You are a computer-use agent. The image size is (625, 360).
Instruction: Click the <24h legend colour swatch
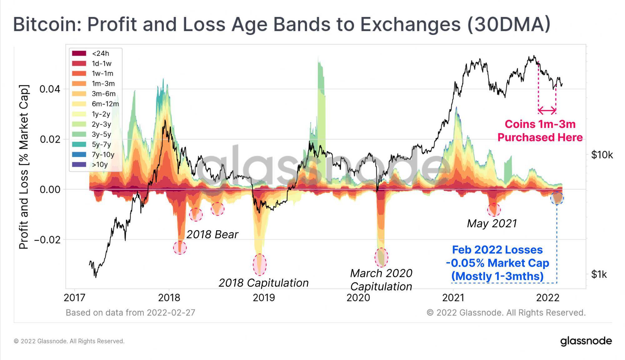(x=79, y=53)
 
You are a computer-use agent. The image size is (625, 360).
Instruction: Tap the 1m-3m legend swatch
(x=79, y=84)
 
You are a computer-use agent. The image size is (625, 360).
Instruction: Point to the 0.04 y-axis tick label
(x=50, y=89)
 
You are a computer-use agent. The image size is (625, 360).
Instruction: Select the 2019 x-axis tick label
(x=264, y=297)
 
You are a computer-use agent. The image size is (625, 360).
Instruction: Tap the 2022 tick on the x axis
(x=547, y=297)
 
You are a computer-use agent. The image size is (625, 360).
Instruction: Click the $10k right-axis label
(x=602, y=155)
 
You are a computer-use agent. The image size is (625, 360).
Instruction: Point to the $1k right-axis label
(x=598, y=275)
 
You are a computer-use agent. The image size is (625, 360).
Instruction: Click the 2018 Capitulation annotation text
(x=263, y=283)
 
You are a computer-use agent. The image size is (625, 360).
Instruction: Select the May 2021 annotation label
(x=492, y=223)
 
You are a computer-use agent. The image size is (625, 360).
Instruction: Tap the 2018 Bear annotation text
(x=212, y=234)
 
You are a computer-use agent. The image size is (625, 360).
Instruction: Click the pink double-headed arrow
(x=547, y=110)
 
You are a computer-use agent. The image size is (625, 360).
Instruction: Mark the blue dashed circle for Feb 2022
(x=557, y=198)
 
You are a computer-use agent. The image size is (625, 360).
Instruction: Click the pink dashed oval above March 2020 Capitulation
(x=381, y=257)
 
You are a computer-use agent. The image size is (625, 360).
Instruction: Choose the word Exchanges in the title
(x=410, y=24)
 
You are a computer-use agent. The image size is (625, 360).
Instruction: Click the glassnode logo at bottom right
(x=586, y=341)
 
